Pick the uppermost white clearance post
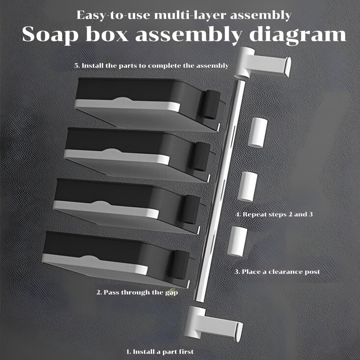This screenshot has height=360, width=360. click(x=258, y=133)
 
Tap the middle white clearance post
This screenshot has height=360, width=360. click(x=247, y=186)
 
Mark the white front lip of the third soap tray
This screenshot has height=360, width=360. click(x=106, y=209)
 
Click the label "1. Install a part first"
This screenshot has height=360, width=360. click(x=160, y=351)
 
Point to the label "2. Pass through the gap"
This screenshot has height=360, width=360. click(x=137, y=292)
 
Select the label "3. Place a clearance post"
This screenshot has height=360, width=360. click(x=277, y=272)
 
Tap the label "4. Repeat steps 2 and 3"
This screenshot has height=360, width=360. click(x=274, y=214)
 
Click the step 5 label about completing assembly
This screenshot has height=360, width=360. click(x=151, y=65)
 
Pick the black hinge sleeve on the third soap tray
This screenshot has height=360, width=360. click(x=190, y=209)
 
